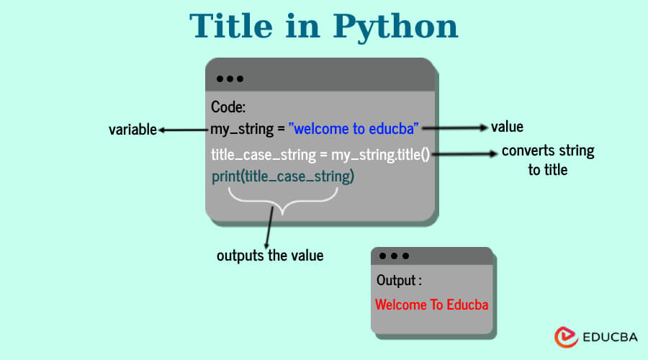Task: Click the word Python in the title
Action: click(x=395, y=27)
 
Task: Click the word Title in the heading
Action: click(x=231, y=26)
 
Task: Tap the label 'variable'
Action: click(x=132, y=130)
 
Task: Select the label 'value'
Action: click(x=507, y=127)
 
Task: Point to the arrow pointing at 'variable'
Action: click(x=183, y=130)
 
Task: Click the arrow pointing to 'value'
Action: click(x=455, y=127)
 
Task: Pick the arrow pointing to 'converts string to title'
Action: click(x=464, y=154)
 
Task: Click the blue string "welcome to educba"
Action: click(x=354, y=129)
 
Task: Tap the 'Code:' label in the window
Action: click(x=228, y=107)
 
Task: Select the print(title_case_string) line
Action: click(x=283, y=176)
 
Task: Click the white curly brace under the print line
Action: click(x=283, y=202)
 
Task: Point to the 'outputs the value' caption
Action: click(x=270, y=255)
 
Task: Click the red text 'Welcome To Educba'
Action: click(x=432, y=305)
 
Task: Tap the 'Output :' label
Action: click(x=399, y=280)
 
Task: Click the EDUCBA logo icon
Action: click(x=566, y=337)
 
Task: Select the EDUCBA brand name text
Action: click(x=610, y=337)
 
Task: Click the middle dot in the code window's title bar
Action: click(x=230, y=78)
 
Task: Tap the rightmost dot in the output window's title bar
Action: click(x=406, y=256)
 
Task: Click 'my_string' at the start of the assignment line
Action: click(x=242, y=130)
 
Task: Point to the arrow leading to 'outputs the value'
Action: click(x=269, y=228)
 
